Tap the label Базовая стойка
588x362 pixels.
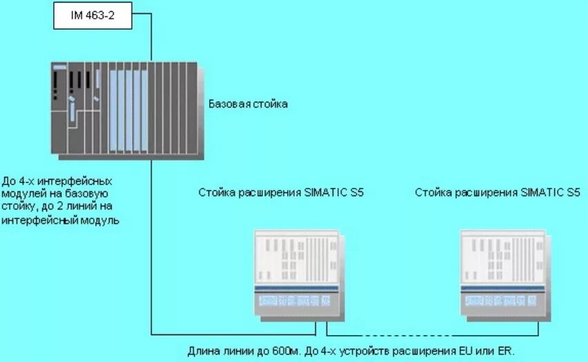[248, 104]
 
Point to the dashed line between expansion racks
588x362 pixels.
[396, 333]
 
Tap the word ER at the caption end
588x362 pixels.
[506, 351]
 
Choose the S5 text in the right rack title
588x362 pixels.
[573, 193]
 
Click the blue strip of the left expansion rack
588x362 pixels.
[296, 288]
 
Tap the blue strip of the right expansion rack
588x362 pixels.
[504, 288]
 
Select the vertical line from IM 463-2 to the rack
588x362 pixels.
[151, 38]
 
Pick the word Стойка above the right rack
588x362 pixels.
[431, 193]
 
